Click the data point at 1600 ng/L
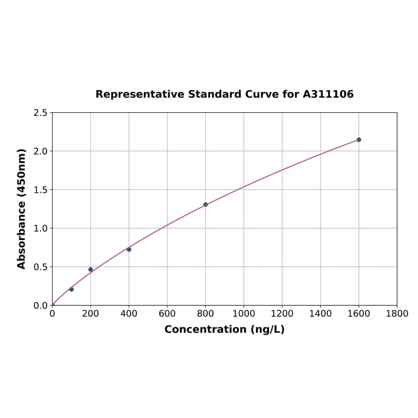pos(358,140)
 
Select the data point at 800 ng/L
pos(205,205)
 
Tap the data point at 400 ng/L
pos(129,249)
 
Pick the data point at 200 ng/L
pos(90,269)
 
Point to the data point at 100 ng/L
pos(71,289)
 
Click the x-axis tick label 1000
pos(243,314)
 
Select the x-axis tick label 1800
pos(397,314)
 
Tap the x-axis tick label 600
pos(167,314)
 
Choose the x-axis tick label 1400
pos(320,314)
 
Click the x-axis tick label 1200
pos(282,314)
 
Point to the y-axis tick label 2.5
pos(40,113)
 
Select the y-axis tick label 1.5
pos(40,190)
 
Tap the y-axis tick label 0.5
pos(40,267)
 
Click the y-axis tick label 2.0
pos(40,151)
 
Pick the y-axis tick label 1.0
pos(40,228)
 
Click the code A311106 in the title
pos(328,95)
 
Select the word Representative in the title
pos(140,95)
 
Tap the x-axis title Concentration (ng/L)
pos(224,329)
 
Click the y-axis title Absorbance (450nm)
pos(22,208)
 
